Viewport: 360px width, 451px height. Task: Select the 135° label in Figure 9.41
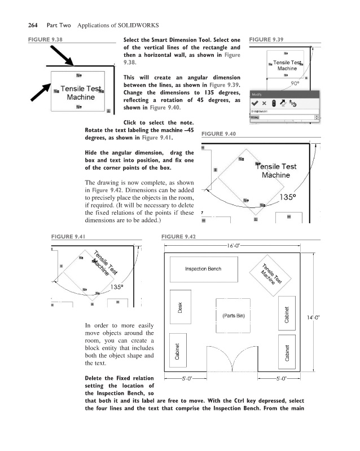tap(116, 286)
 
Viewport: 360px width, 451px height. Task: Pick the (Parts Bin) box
tap(232, 315)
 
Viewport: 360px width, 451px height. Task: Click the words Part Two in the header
tap(47, 25)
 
